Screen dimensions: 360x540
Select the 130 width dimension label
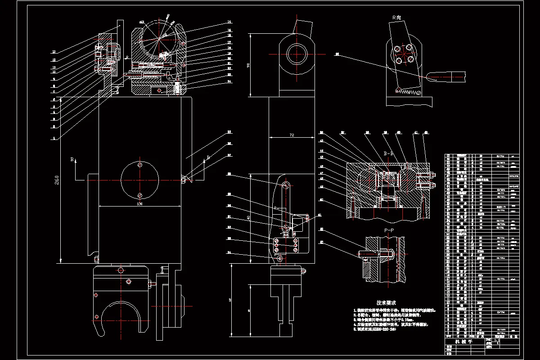tap(139, 204)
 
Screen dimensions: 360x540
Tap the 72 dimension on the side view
tap(292, 135)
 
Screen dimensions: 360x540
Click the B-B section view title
tap(388, 154)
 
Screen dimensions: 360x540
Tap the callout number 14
tap(229, 22)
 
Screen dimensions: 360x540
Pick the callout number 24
tap(229, 81)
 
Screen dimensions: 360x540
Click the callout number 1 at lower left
tap(54, 139)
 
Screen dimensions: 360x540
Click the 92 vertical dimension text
tap(248, 65)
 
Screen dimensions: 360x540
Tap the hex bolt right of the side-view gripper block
tap(303, 271)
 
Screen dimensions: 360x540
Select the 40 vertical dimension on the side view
tap(248, 217)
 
